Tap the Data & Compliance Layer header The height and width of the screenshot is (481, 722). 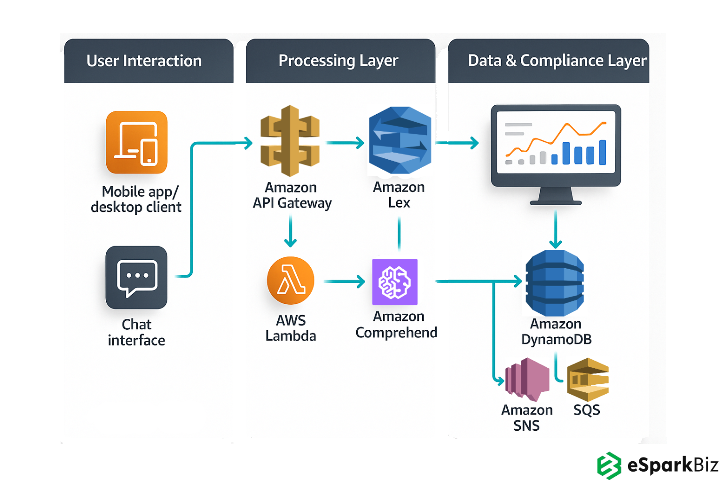point(549,61)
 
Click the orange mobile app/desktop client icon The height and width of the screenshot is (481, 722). point(137,142)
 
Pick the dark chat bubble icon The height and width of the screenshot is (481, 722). point(137,278)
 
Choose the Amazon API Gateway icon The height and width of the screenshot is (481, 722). point(290,141)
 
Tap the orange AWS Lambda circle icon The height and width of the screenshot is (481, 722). point(290,280)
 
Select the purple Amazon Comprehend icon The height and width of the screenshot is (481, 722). point(395,282)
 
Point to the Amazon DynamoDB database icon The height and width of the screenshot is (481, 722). point(555,283)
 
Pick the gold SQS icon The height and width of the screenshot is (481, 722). point(588,380)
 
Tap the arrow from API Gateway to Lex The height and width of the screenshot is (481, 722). point(345,143)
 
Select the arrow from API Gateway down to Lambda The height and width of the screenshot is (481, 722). point(290,232)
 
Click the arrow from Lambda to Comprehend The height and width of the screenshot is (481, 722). point(345,281)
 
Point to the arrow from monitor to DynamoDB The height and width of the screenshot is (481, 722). point(556,229)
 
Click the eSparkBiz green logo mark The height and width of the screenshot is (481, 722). point(609,465)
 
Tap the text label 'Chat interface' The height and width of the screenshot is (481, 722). point(137,332)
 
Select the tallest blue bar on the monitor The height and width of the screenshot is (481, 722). point(603,152)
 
